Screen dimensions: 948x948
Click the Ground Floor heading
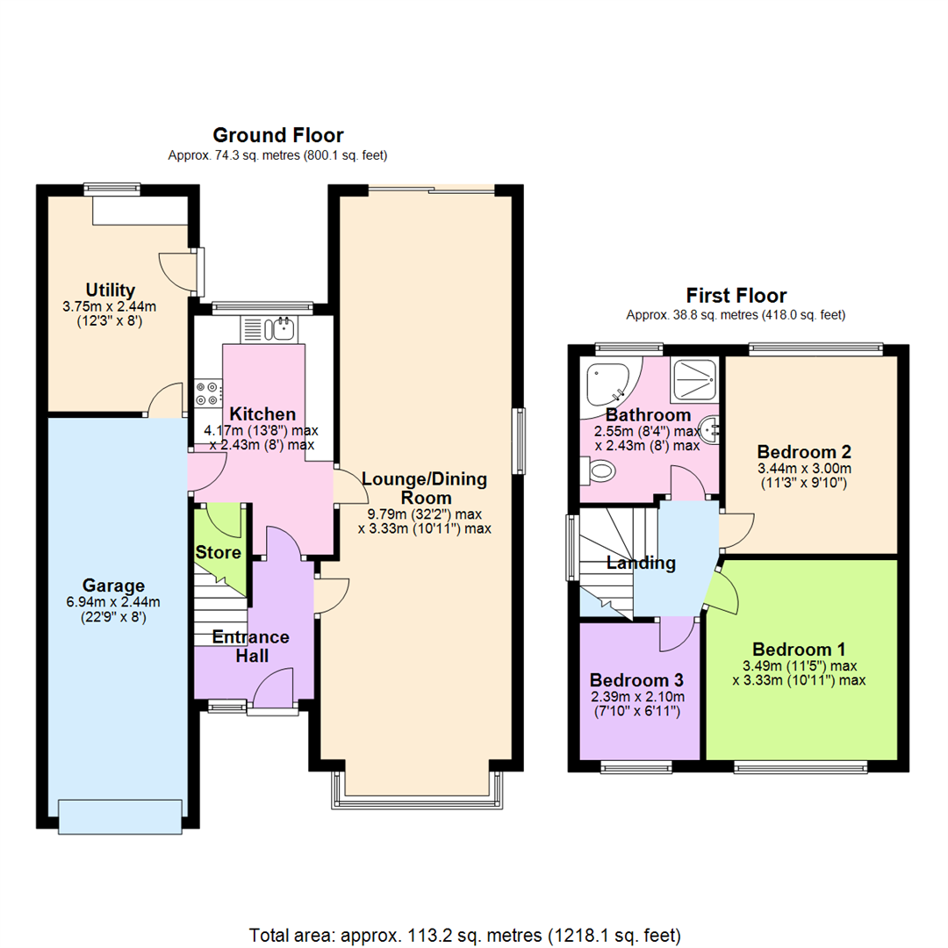(277, 135)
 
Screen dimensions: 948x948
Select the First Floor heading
(736, 296)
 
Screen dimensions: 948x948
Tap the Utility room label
(111, 290)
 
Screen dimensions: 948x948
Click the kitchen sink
(283, 330)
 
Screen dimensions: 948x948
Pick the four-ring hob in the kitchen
(208, 392)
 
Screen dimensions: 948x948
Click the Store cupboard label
(218, 553)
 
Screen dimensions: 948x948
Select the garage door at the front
(120, 815)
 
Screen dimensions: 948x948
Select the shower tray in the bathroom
(695, 378)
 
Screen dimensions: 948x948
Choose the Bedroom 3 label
(636, 680)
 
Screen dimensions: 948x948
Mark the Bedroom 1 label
(799, 650)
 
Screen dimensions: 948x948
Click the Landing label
(641, 564)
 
